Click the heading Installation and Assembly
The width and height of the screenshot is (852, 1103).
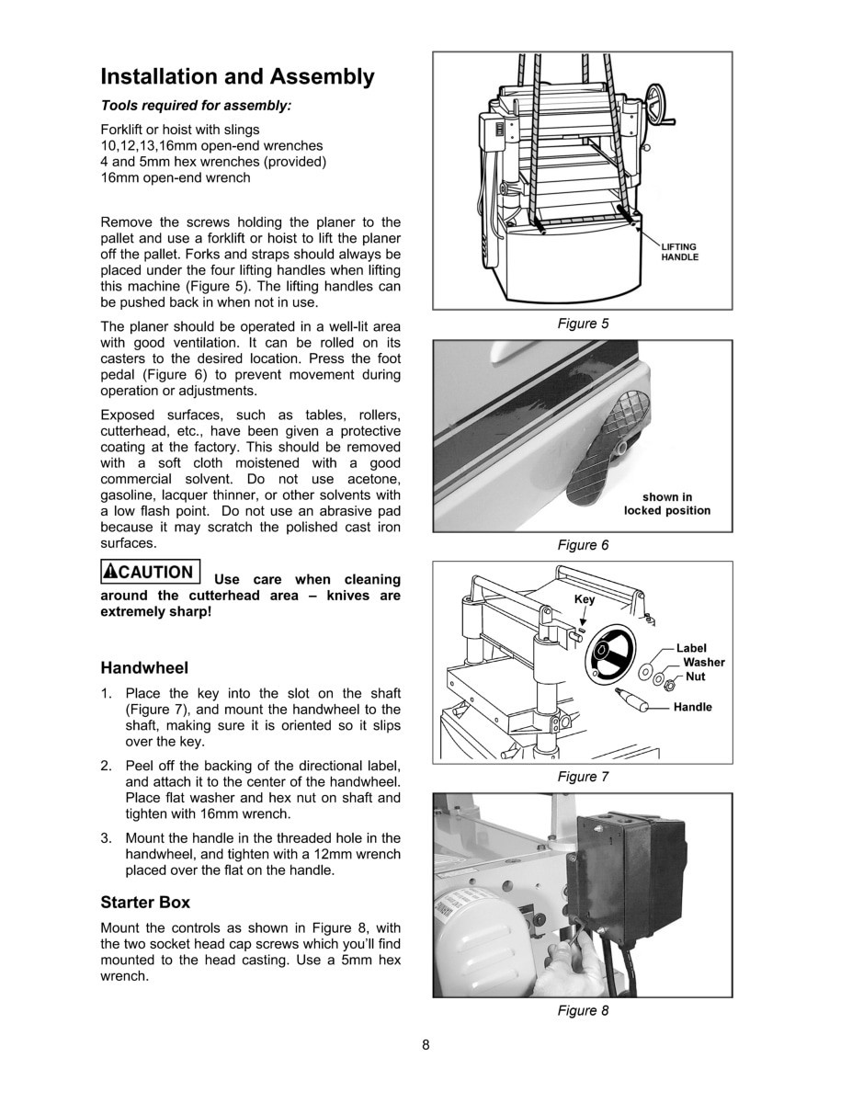(x=237, y=76)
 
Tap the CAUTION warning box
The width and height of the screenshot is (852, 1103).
(x=150, y=572)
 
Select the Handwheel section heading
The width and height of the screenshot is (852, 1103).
(x=144, y=667)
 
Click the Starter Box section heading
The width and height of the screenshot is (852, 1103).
(x=145, y=902)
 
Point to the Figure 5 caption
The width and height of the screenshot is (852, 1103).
(x=583, y=324)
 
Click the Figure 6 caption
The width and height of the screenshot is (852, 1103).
(x=583, y=545)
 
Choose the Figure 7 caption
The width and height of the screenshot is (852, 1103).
(x=583, y=777)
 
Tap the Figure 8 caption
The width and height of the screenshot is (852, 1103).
(x=583, y=1010)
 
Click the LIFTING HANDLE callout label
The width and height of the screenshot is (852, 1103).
(x=680, y=252)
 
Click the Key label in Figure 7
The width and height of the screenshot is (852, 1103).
(x=585, y=599)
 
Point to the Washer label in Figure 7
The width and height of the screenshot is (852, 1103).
(x=703, y=662)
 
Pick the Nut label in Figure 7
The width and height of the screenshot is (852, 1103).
(x=696, y=677)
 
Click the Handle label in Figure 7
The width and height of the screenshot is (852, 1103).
(x=692, y=707)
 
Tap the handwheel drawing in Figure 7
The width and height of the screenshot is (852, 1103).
(x=609, y=654)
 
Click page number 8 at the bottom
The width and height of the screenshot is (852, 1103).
(x=426, y=1044)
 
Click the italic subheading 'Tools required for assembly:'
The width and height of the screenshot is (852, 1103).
(x=195, y=106)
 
